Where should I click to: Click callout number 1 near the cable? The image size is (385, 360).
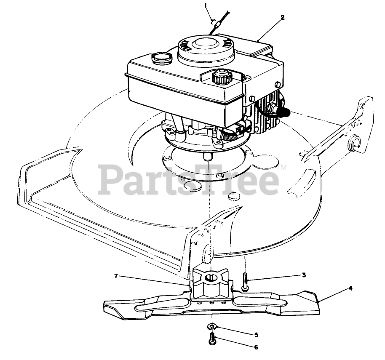click(x=206, y=5)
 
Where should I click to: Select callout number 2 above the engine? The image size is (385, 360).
click(x=282, y=17)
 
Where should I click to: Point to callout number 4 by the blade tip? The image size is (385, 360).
click(x=350, y=288)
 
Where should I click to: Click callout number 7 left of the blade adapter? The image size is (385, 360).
click(x=115, y=276)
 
